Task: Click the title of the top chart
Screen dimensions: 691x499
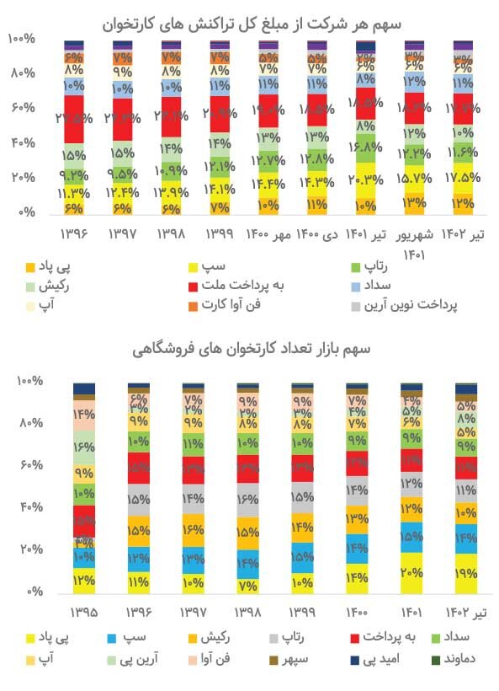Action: pos(249,20)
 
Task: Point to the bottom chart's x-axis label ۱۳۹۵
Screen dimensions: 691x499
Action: pos(83,609)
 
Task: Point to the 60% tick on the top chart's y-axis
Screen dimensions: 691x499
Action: pos(23,109)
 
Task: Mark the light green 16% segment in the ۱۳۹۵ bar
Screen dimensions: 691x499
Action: pos(84,447)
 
